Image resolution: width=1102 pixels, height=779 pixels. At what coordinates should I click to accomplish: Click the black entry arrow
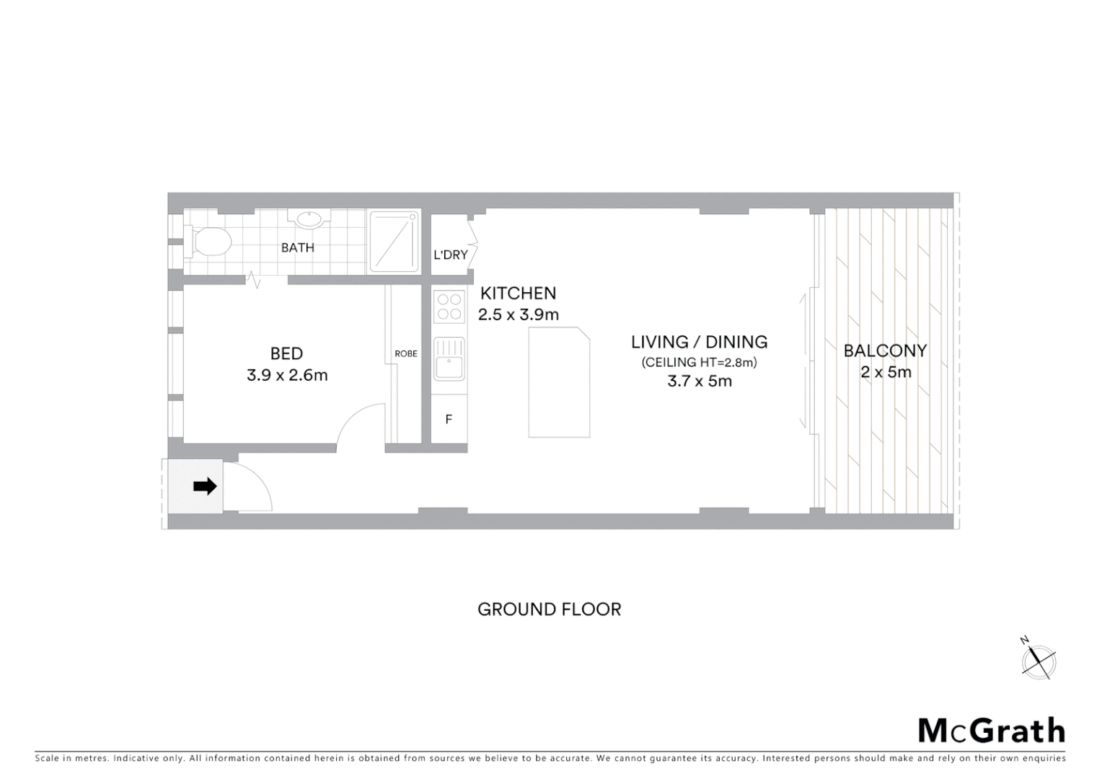pyautogui.click(x=205, y=486)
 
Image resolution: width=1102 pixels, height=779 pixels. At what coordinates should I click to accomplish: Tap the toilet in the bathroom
pyautogui.click(x=211, y=242)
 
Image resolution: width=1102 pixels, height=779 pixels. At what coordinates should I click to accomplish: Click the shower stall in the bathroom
pyautogui.click(x=394, y=241)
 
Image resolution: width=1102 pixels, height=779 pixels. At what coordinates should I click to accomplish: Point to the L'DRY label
pyautogui.click(x=451, y=255)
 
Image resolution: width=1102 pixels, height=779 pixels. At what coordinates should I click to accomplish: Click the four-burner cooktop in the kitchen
pyautogui.click(x=449, y=307)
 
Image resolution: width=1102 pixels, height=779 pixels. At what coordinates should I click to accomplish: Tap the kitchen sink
pyautogui.click(x=449, y=359)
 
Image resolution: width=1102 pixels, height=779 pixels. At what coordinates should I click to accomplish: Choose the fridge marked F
pyautogui.click(x=449, y=419)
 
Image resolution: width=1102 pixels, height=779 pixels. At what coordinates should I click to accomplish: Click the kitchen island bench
pyautogui.click(x=559, y=382)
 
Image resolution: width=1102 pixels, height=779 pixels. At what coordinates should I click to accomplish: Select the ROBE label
pyautogui.click(x=406, y=354)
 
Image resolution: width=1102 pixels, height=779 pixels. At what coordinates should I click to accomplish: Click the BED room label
pyautogui.click(x=286, y=353)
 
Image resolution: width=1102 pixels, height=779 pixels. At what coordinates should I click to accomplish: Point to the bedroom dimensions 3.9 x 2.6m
pyautogui.click(x=287, y=375)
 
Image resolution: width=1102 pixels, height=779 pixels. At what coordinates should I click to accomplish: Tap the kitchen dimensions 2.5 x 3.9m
pyautogui.click(x=519, y=314)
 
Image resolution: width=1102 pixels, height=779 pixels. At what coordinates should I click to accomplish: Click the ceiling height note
pyautogui.click(x=700, y=363)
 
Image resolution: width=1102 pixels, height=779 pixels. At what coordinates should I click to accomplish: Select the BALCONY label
pyautogui.click(x=885, y=351)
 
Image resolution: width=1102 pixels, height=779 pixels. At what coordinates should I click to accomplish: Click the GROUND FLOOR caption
pyautogui.click(x=550, y=609)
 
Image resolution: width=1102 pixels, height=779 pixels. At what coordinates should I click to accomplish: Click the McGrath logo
pyautogui.click(x=992, y=730)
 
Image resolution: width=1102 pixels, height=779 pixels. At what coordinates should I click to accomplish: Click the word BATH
pyautogui.click(x=298, y=247)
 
